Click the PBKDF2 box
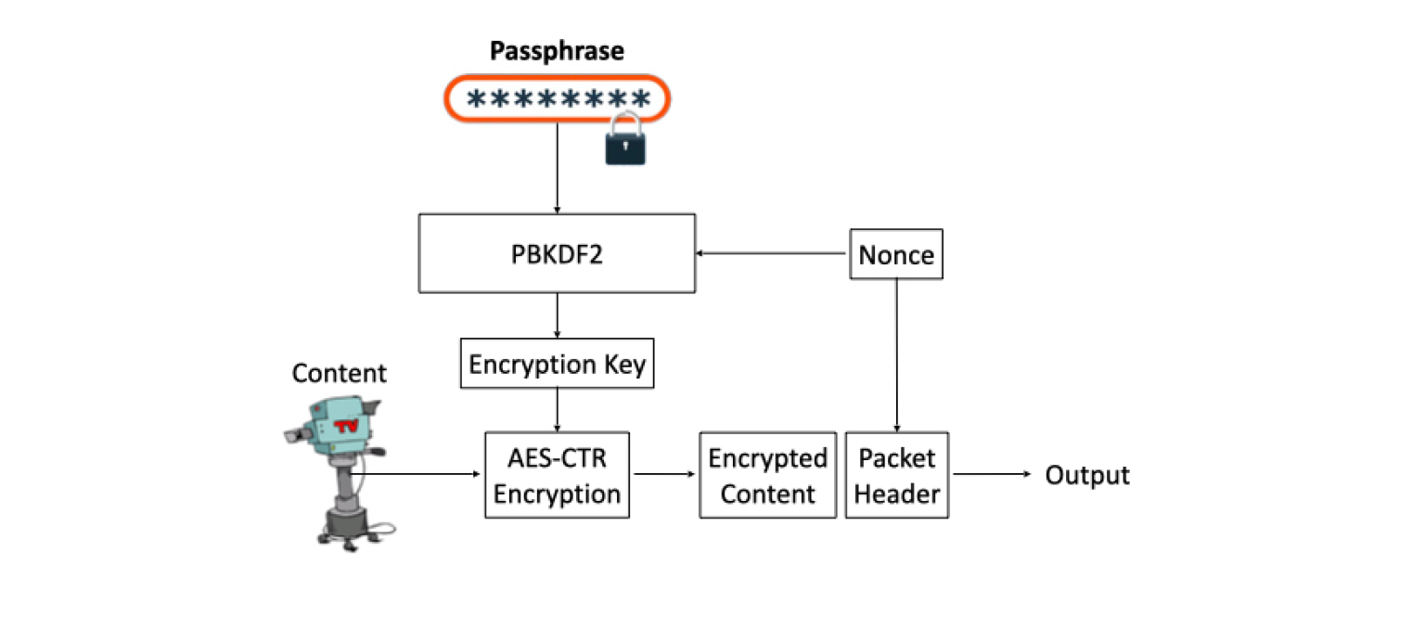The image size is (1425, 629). pyautogui.click(x=557, y=253)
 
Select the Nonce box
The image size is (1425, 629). pyautogui.click(x=896, y=254)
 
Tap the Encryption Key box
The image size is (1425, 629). pyautogui.click(x=557, y=364)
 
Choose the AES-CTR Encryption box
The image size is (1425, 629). pyautogui.click(x=557, y=475)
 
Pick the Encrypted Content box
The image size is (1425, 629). pyautogui.click(x=767, y=475)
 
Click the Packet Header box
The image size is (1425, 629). pyautogui.click(x=896, y=475)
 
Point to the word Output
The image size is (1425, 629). pyautogui.click(x=1087, y=475)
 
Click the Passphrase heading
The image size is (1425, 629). pyautogui.click(x=557, y=51)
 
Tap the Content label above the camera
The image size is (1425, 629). pyautogui.click(x=339, y=373)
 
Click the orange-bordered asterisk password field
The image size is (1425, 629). pyautogui.click(x=557, y=99)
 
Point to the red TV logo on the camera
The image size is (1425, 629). pyautogui.click(x=346, y=427)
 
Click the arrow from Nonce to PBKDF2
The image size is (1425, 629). pyautogui.click(x=773, y=253)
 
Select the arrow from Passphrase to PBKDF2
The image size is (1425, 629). pyautogui.click(x=557, y=167)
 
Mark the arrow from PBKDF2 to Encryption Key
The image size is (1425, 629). pyautogui.click(x=557, y=315)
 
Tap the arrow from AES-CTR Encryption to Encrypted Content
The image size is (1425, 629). pyautogui.click(x=664, y=474)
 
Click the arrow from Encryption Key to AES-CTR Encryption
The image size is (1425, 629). pyautogui.click(x=557, y=410)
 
